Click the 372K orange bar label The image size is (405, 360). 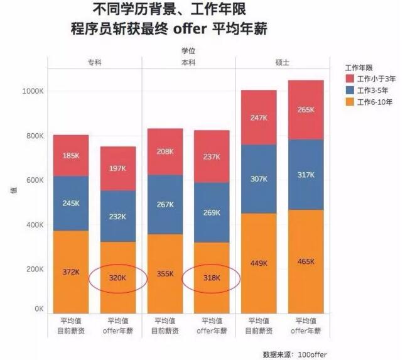[x=70, y=272]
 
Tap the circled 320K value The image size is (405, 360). [x=117, y=276]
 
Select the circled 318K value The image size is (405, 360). [x=212, y=276]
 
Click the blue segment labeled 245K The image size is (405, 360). [x=70, y=204]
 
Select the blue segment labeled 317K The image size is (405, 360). [x=306, y=175]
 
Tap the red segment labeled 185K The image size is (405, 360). [x=70, y=155]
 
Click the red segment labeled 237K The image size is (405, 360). [x=212, y=156]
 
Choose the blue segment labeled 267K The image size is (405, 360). [x=165, y=204]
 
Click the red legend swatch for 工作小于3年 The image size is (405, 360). [x=349, y=79]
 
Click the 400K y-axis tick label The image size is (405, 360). [x=34, y=224]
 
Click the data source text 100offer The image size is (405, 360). [x=312, y=354]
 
